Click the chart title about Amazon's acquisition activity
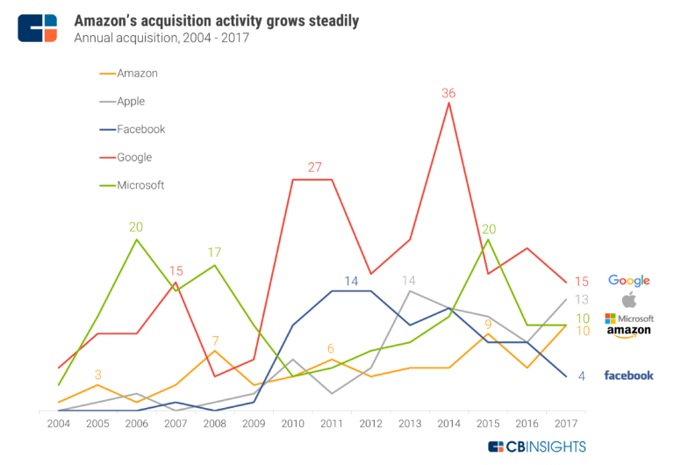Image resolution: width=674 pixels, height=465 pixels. pyautogui.click(x=216, y=20)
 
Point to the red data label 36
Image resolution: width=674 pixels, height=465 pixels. pyautogui.click(x=449, y=92)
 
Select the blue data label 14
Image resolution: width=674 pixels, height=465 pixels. pyautogui.click(x=351, y=281)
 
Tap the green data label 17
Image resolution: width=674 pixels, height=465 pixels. pyautogui.click(x=214, y=253)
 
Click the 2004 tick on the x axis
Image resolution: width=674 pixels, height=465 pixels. pyautogui.click(x=58, y=424)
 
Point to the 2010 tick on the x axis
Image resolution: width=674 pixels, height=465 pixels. pyautogui.click(x=292, y=424)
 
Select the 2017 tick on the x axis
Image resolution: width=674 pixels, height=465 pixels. pyautogui.click(x=566, y=424)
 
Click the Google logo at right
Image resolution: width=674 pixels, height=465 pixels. pyautogui.click(x=628, y=281)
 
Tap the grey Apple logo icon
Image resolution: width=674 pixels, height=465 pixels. pyautogui.click(x=628, y=299)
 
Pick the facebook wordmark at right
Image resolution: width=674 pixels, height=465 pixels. pyautogui.click(x=628, y=376)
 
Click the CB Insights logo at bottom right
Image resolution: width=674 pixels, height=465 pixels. pyautogui.click(x=536, y=447)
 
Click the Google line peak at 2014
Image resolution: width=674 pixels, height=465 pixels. pyautogui.click(x=449, y=104)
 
